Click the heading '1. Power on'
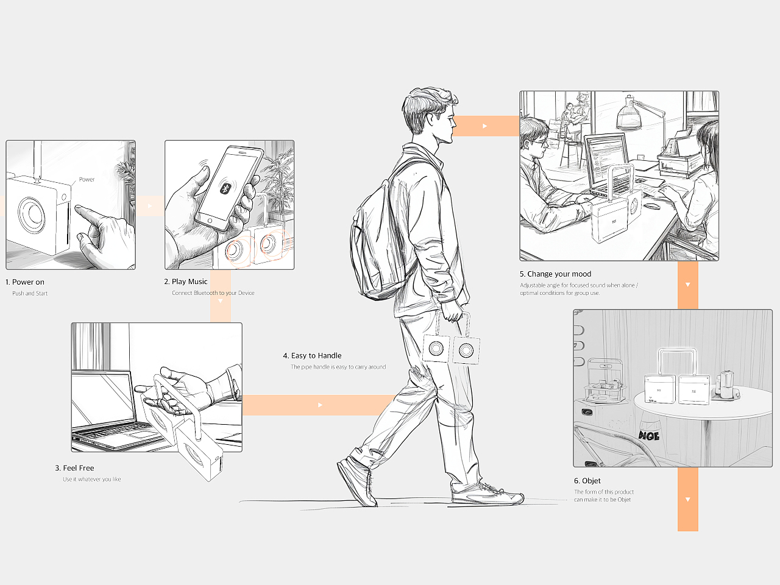point(24,282)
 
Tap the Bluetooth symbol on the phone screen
point(225,188)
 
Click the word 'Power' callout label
point(87,179)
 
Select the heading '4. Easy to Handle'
point(312,355)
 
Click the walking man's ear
point(430,119)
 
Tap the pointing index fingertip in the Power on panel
point(78,207)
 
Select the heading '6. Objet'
point(587,481)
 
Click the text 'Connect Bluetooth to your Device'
point(213,293)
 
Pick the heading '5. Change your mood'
point(555,274)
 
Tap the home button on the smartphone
point(210,221)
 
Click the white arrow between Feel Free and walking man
point(320,405)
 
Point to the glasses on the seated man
point(539,143)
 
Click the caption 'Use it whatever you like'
point(91,479)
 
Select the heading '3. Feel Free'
point(74,468)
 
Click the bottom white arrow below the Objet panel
point(688,500)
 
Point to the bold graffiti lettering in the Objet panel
point(649,436)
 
